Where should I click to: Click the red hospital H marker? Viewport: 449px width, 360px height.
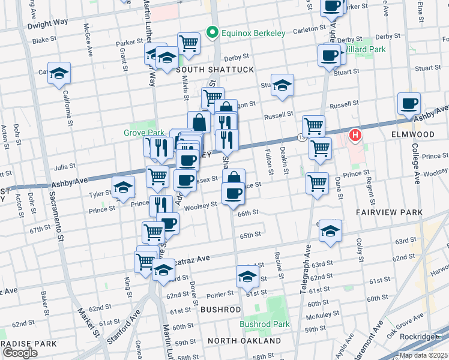pos(355,135)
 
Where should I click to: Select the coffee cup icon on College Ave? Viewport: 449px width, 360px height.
pos(409,103)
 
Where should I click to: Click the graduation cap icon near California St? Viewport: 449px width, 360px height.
pos(59,73)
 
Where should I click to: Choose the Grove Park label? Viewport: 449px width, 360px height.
pos(143,132)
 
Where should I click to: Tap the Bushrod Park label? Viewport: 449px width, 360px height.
pos(265,324)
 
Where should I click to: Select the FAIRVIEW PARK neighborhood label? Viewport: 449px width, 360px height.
pos(389,212)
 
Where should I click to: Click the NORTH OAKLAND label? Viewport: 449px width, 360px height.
pos(244,341)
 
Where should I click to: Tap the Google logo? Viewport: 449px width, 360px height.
pos(20,352)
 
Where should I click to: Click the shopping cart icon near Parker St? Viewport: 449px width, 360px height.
pos(188,43)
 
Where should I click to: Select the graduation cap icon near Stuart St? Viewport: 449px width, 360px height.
pos(282,85)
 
